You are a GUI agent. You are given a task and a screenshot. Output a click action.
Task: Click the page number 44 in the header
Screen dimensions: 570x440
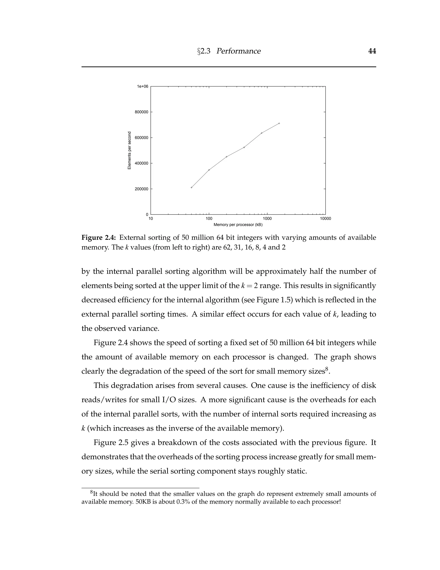click(372, 51)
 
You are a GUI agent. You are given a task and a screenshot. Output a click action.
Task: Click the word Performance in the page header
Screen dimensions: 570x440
click(238, 51)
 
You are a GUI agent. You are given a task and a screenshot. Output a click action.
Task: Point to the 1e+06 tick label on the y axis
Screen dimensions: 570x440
click(143, 86)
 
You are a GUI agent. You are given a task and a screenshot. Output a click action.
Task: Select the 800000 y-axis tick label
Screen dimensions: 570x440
click(142, 112)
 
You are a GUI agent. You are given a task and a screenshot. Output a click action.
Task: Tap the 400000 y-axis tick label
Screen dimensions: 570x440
click(142, 163)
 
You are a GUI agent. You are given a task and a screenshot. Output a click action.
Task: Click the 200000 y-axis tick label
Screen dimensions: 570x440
click(142, 189)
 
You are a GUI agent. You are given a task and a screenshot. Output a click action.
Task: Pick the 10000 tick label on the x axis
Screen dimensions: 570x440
click(325, 219)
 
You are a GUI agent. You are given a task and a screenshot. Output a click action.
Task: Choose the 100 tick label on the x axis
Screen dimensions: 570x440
click(209, 219)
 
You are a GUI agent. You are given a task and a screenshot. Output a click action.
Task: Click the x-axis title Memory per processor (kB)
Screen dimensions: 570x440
click(238, 225)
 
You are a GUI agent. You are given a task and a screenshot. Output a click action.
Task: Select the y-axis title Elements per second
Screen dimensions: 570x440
click(130, 150)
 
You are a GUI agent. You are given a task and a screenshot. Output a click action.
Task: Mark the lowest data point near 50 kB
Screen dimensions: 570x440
click(191, 187)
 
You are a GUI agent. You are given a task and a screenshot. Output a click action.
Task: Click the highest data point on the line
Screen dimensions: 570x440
click(279, 123)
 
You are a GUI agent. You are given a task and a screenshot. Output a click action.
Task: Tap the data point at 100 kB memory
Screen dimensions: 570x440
click(209, 170)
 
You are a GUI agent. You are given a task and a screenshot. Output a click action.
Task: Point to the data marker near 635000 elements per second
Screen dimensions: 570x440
click(261, 133)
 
